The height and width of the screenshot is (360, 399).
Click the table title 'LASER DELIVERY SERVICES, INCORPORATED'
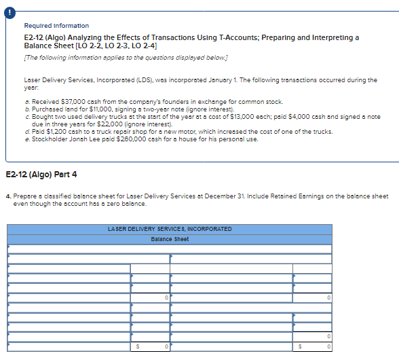(x=170, y=229)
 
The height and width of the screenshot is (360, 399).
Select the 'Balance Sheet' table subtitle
(x=170, y=239)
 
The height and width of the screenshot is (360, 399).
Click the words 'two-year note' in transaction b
(x=157, y=109)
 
